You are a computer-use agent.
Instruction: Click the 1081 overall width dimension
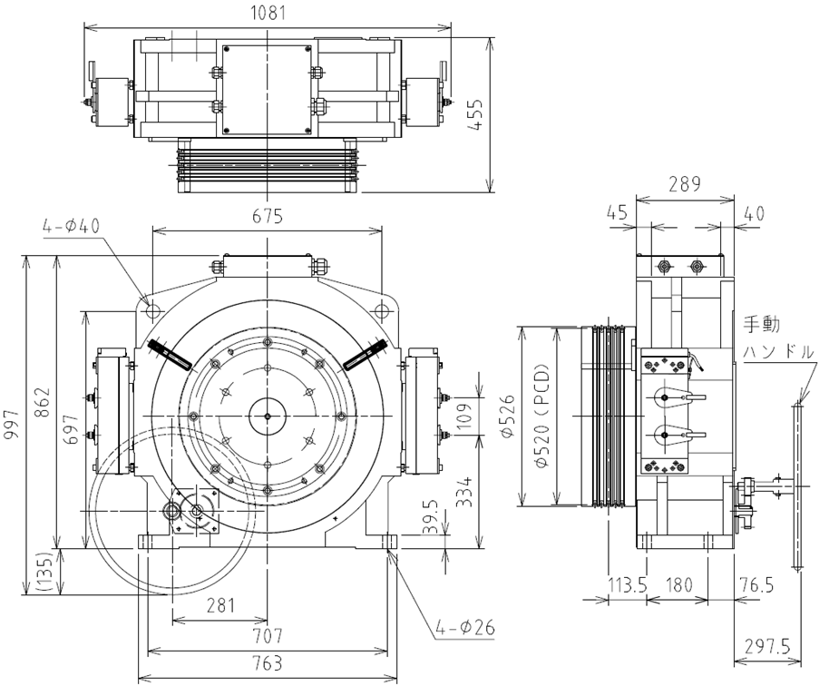[268, 13]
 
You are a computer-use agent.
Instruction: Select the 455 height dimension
[477, 114]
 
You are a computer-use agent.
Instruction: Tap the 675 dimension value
[268, 216]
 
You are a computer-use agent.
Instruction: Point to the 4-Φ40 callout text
[72, 226]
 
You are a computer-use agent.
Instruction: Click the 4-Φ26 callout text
[466, 628]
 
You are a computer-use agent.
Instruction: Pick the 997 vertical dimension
[12, 424]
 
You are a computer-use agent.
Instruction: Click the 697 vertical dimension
[73, 429]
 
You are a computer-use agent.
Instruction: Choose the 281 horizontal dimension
[219, 605]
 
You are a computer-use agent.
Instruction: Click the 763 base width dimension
[268, 662]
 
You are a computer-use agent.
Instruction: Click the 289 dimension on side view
[685, 184]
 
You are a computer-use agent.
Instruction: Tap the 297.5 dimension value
[767, 647]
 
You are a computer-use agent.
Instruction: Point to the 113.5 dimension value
[628, 585]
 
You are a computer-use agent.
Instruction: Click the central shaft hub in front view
[268, 416]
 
